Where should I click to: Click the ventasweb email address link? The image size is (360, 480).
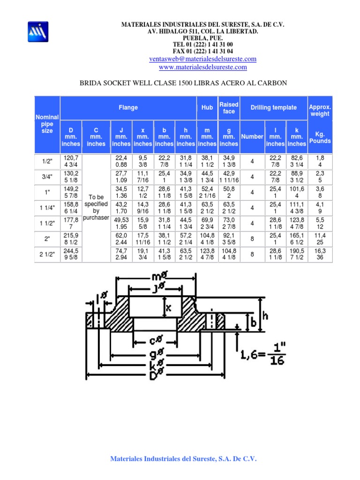[202, 59]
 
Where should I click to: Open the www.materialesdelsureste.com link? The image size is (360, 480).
[202, 67]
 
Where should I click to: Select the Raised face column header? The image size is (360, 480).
[229, 108]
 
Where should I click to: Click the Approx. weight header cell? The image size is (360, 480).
[320, 111]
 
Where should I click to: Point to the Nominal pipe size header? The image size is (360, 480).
[47, 124]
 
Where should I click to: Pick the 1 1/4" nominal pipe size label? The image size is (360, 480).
[47, 208]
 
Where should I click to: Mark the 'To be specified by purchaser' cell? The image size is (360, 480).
[96, 208]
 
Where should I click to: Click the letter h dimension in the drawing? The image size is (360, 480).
[265, 316]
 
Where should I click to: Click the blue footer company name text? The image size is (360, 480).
[183, 459]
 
